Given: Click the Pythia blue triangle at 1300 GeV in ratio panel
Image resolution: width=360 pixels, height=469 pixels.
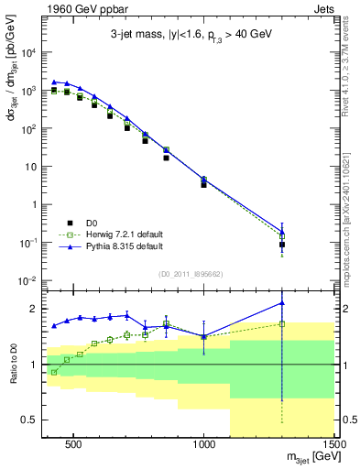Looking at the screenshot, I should point(282,302).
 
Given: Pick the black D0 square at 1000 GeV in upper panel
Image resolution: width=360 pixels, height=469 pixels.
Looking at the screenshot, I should point(204,185).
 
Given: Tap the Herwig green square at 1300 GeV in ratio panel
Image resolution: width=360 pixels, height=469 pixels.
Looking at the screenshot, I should point(282,323).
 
